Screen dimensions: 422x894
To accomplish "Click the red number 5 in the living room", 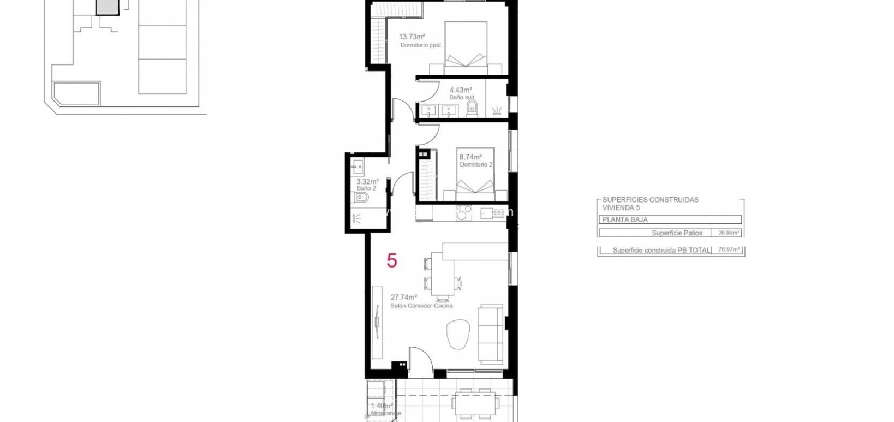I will [x=392, y=260].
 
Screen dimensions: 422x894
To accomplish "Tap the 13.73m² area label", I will [x=412, y=37].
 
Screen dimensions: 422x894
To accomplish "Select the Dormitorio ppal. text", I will [x=420, y=45].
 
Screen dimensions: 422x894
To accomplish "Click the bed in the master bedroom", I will [x=465, y=48].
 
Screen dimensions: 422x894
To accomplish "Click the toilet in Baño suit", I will [x=473, y=109].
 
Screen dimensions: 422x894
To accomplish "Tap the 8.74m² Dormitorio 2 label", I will [x=476, y=160].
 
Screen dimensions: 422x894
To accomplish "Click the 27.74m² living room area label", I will [x=404, y=298].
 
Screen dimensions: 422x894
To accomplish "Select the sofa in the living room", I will [x=491, y=335].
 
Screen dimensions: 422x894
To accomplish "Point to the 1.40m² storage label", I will [x=382, y=406].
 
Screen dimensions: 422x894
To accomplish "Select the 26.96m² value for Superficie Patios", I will [x=729, y=233].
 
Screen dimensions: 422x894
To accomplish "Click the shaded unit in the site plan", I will [x=106, y=6].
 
